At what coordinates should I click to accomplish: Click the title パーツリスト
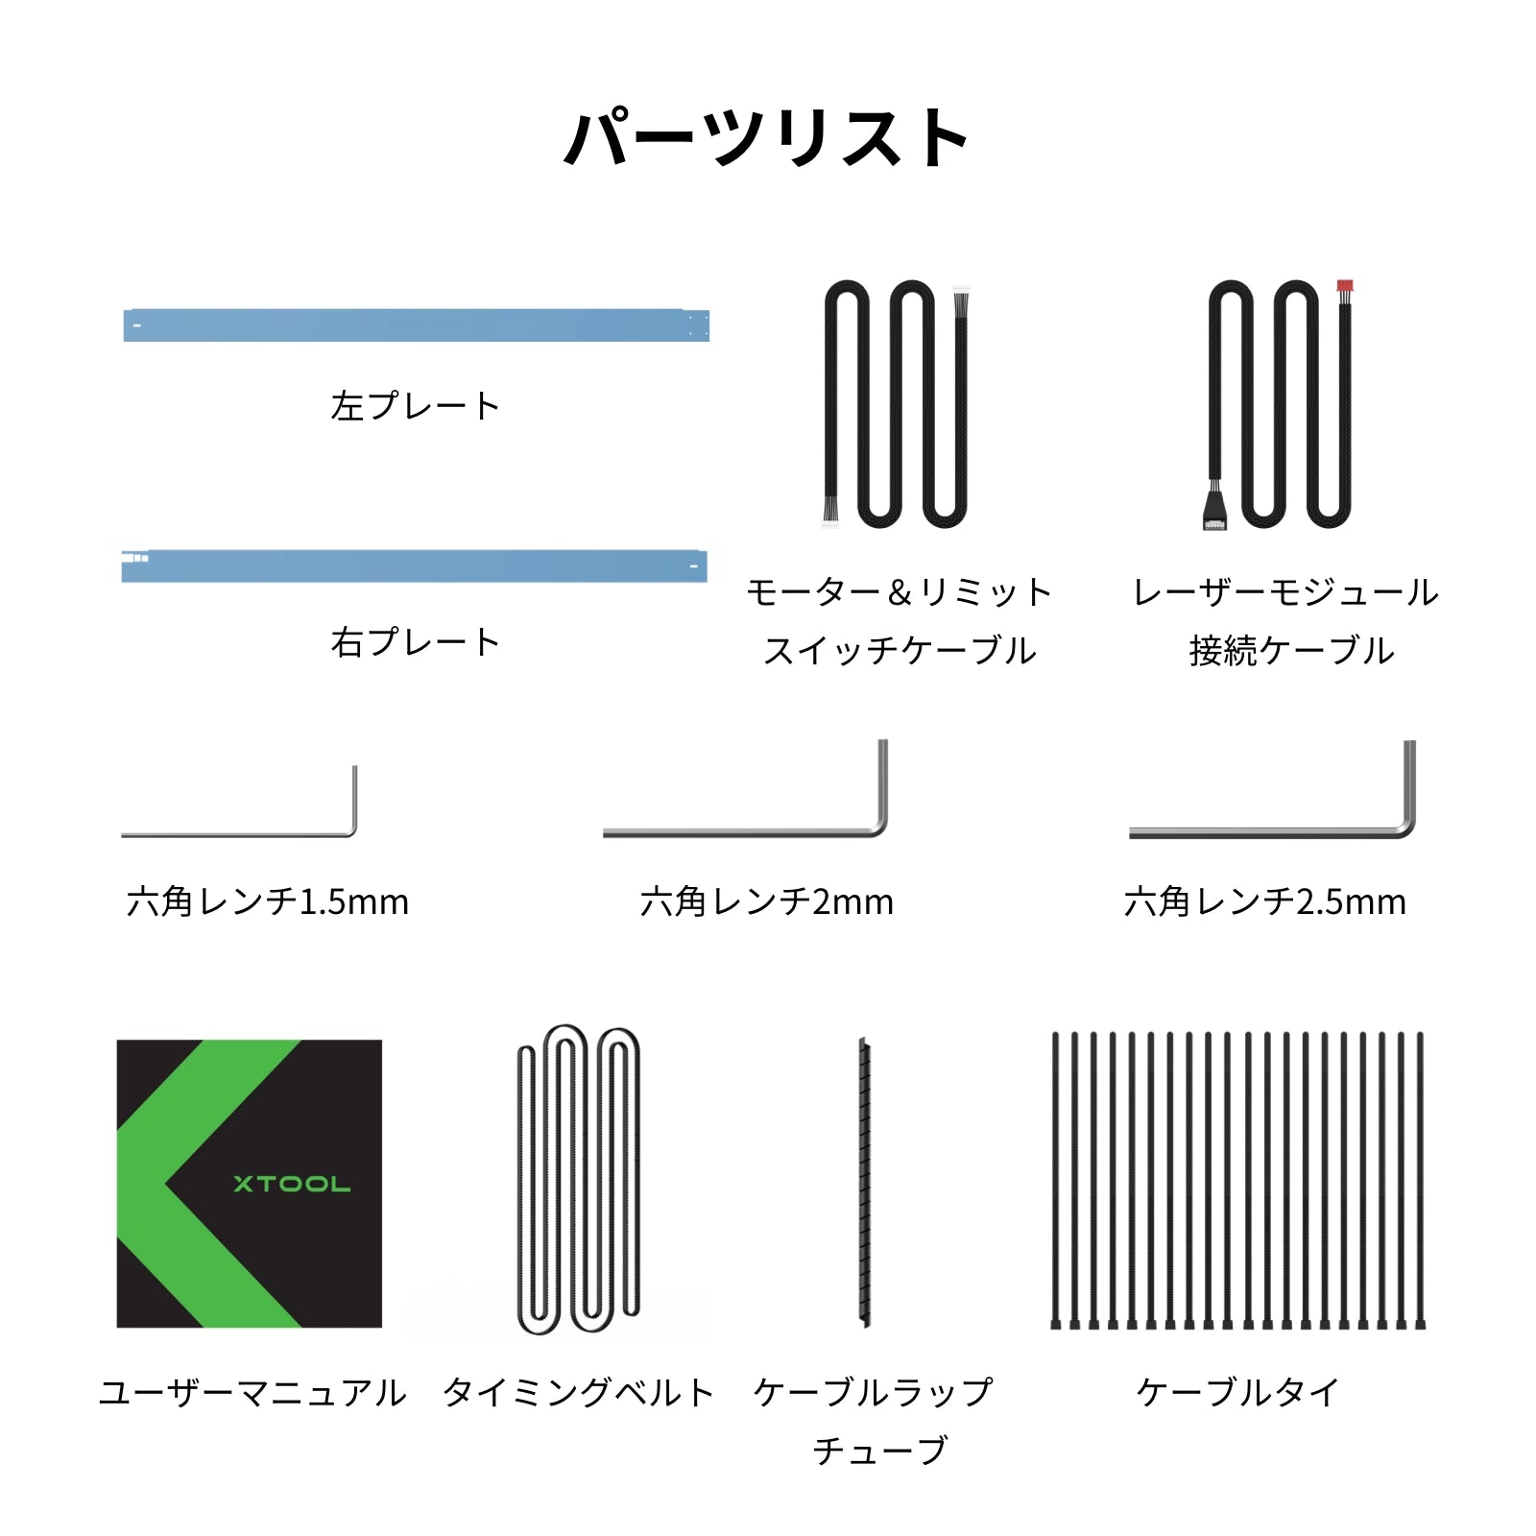tap(766, 138)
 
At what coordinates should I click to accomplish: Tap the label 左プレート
tap(415, 406)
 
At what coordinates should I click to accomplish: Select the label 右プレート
tap(415, 642)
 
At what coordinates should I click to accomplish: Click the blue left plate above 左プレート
tap(416, 324)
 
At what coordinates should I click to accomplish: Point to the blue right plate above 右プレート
tap(414, 565)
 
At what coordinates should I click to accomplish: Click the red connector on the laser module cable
tap(1345, 286)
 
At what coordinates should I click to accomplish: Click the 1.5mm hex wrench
tap(239, 802)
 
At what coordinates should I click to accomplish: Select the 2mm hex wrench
tap(745, 788)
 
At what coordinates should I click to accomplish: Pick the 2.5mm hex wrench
tap(1272, 789)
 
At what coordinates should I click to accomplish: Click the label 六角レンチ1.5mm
tap(268, 901)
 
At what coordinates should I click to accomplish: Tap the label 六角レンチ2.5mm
tap(1265, 901)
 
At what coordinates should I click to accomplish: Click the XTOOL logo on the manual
tap(292, 1184)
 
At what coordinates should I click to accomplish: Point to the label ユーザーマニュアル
tap(252, 1392)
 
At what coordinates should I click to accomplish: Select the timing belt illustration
tap(579, 1179)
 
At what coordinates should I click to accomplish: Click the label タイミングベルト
tap(579, 1392)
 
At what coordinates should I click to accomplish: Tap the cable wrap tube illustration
tap(864, 1183)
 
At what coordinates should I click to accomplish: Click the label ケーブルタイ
tap(1238, 1392)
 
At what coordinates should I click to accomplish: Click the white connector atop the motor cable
tap(961, 289)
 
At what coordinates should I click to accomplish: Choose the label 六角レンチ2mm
tap(767, 901)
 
